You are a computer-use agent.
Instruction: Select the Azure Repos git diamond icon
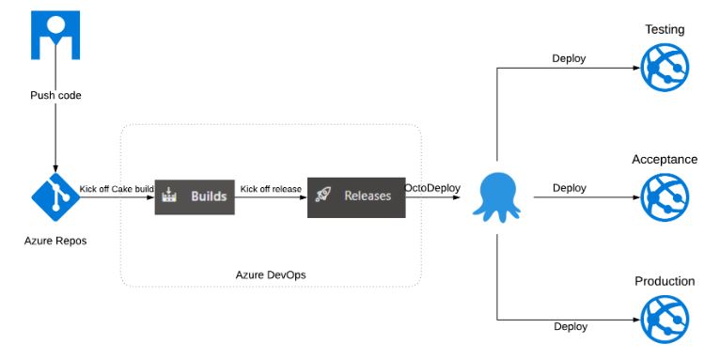coord(55,196)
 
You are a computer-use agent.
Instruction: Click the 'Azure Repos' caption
coord(55,241)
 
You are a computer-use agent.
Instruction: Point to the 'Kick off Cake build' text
coord(117,189)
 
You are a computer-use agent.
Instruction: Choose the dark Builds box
coord(195,196)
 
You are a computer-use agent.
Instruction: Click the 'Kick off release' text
coord(272,189)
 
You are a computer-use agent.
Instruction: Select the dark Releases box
coord(356,196)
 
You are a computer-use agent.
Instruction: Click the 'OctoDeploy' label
coord(432,188)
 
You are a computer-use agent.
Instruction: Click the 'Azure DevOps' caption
coord(271,274)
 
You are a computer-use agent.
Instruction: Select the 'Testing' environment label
coord(664,30)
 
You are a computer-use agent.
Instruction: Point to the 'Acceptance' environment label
coord(664,160)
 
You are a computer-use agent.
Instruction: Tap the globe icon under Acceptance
coord(664,197)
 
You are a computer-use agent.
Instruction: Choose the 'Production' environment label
coord(664,281)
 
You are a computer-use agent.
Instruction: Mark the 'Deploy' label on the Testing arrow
coord(569,58)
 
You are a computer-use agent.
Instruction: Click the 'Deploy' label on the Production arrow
coord(570,326)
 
